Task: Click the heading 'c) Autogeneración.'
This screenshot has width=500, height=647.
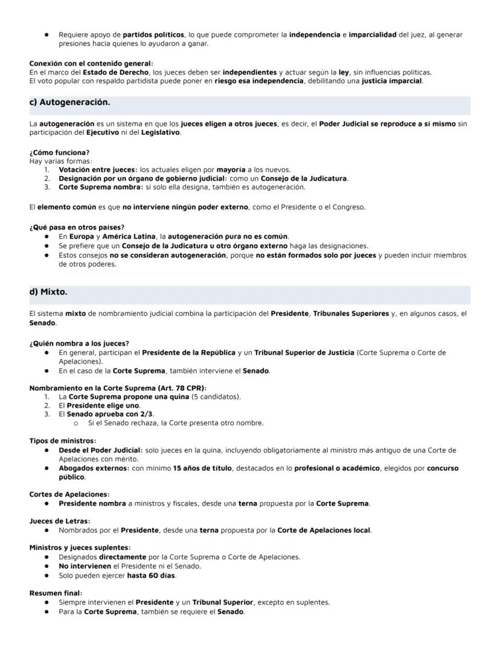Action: point(69,103)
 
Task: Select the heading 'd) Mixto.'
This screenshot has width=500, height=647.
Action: point(48,292)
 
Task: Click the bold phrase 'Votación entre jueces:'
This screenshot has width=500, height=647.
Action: point(98,170)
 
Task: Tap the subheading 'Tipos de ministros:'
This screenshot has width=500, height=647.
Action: point(63,441)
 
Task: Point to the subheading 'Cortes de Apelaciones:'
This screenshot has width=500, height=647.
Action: point(69,494)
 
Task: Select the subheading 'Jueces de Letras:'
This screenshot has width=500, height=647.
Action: point(60,521)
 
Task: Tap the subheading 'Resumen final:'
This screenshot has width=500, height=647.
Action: point(56,593)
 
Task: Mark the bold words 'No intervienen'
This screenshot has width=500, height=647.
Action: point(85,566)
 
